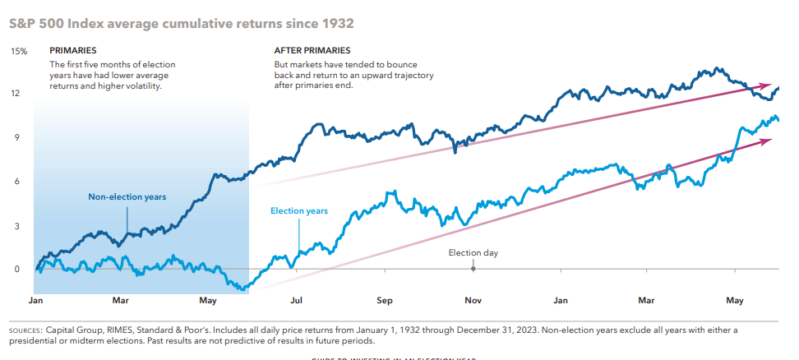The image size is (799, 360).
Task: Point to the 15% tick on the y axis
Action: (x=18, y=51)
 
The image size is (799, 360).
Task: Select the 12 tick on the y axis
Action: (x=15, y=94)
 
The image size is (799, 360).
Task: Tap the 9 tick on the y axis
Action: (x=15, y=138)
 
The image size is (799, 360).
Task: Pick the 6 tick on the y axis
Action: (x=15, y=182)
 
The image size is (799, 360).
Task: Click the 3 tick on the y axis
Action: (x=15, y=226)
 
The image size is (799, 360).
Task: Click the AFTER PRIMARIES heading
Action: (x=312, y=51)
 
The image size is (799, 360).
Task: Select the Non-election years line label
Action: (x=127, y=197)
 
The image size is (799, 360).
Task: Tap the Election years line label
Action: (x=299, y=211)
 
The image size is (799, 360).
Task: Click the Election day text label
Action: (x=473, y=253)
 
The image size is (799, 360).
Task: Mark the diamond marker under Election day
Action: (x=473, y=269)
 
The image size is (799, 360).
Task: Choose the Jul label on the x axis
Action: (x=297, y=301)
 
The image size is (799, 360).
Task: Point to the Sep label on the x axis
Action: (x=384, y=301)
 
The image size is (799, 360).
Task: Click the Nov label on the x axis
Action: (x=472, y=301)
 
